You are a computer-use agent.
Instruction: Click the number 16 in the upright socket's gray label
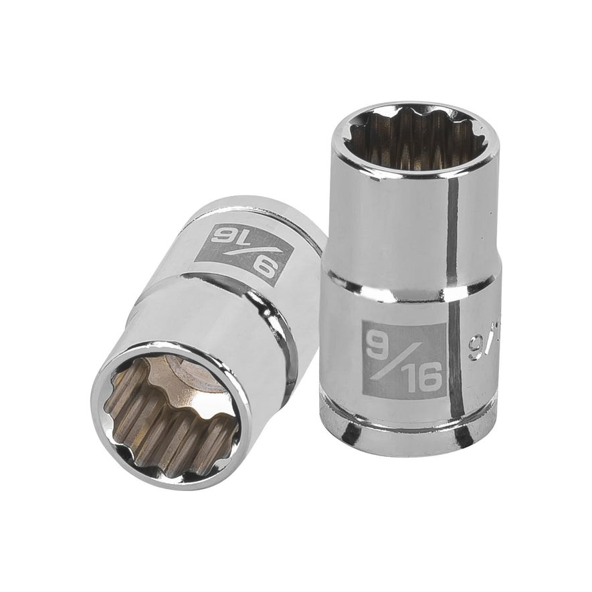422,379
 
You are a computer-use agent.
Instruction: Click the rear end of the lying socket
281,207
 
